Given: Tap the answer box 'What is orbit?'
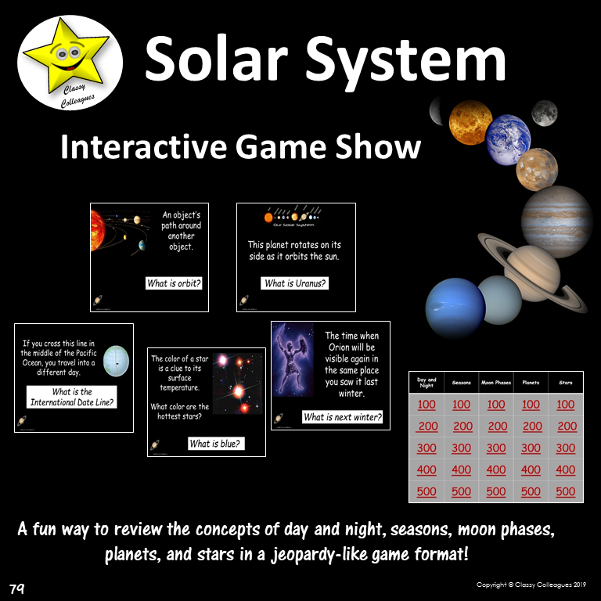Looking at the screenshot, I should pos(174,283).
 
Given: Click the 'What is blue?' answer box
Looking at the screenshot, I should pos(215,444).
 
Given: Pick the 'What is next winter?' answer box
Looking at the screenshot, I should pos(343,417).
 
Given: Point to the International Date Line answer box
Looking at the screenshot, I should pos(72,398).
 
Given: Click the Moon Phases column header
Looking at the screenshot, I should pos(496,383).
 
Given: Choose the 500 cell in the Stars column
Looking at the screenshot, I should pos(566,491).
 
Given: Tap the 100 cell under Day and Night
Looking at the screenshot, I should pos(426,405).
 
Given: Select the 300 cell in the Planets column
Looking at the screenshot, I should pos(531,448).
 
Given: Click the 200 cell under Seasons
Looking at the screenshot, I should pos(462,426).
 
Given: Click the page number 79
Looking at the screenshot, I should pos(17,588).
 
